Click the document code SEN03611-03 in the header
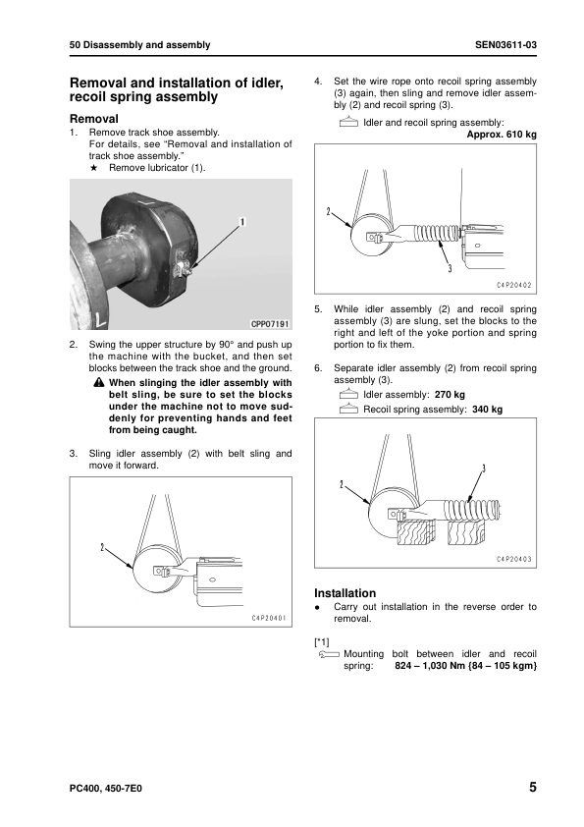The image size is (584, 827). [505, 45]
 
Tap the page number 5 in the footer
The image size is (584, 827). [532, 787]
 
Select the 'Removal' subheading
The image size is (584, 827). [94, 119]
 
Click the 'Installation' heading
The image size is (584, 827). [345, 593]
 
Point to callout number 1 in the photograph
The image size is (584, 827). [241, 222]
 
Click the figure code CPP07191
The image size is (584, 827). [269, 323]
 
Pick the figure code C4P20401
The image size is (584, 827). [268, 618]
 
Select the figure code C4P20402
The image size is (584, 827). [514, 286]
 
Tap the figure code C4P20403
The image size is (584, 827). [514, 560]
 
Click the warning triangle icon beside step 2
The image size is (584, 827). [98, 382]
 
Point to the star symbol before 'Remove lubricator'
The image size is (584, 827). [94, 168]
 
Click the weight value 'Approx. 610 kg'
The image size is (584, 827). [502, 135]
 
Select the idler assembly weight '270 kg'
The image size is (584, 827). [450, 395]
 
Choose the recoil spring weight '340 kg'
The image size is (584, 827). [487, 410]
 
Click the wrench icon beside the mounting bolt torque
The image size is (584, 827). [329, 654]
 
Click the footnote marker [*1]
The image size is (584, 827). [322, 642]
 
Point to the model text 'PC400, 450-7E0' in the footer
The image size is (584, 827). [105, 789]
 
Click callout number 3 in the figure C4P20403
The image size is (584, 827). [483, 469]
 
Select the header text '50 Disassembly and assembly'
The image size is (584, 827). [139, 45]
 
